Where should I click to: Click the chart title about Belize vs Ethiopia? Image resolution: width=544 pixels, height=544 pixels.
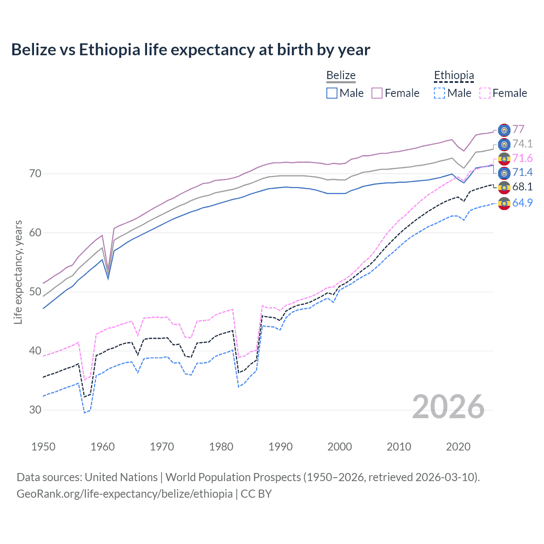click(190, 50)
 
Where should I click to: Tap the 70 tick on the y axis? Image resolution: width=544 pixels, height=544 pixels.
click(35, 173)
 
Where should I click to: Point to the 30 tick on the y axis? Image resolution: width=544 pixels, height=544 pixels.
click(35, 410)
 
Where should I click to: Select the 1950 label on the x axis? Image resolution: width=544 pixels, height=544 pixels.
click(43, 447)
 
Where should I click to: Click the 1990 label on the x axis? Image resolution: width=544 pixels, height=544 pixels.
click(280, 447)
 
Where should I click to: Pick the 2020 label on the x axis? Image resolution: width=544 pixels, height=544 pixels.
click(458, 447)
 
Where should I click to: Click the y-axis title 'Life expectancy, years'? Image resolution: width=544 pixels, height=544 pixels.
click(18, 272)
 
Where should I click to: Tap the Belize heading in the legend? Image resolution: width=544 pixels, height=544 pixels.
click(341, 76)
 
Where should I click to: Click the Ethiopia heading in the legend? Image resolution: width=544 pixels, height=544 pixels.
click(453, 76)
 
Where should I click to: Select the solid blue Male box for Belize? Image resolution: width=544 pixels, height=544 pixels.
click(332, 93)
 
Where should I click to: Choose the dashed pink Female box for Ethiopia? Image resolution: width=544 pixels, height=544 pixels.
click(485, 93)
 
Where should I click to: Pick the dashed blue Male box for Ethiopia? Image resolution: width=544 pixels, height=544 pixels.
click(439, 93)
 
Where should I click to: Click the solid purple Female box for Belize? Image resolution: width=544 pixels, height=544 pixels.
click(377, 93)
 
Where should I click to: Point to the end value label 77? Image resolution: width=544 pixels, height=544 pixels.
click(518, 129)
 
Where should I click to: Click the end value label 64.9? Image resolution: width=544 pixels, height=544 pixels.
click(522, 203)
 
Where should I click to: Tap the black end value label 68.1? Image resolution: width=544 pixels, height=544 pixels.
click(522, 187)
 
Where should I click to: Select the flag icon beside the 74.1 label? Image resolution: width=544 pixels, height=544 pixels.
click(504, 144)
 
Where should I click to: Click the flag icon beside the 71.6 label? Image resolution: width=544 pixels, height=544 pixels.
click(504, 159)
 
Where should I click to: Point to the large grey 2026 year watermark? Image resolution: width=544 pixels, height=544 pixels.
click(448, 407)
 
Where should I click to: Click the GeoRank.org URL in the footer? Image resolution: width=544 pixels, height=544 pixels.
click(125, 494)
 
